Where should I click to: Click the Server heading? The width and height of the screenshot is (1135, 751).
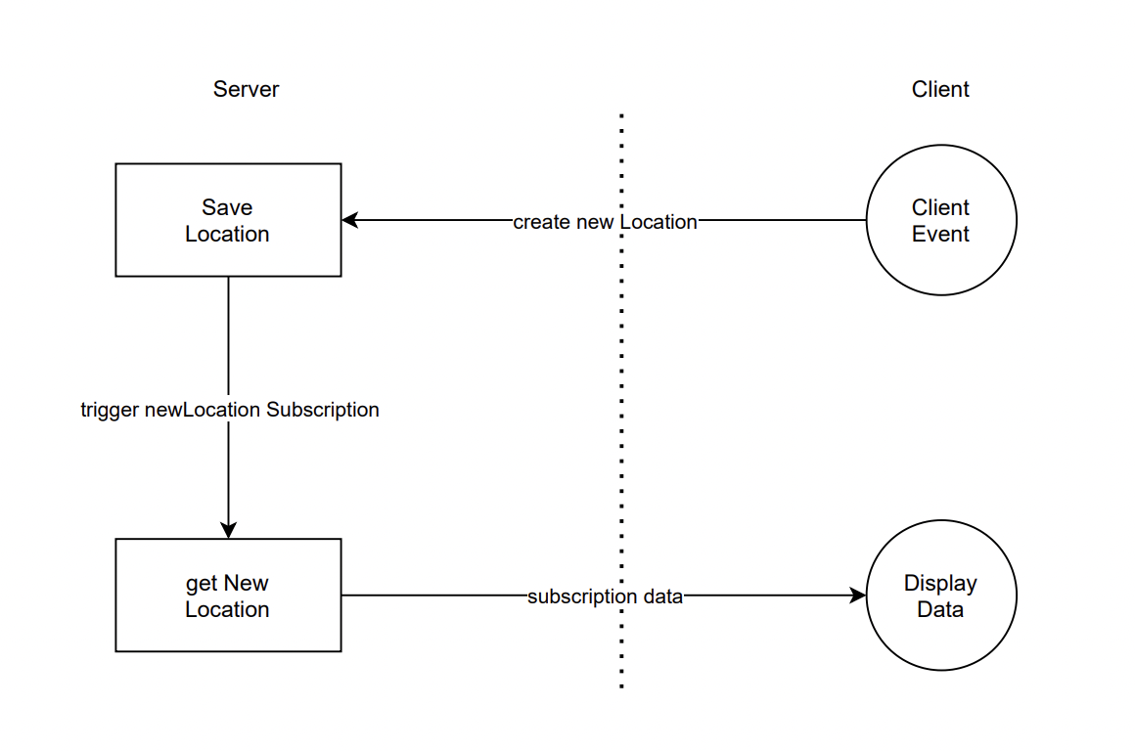click(x=246, y=89)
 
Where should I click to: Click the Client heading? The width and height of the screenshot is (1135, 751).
click(x=939, y=89)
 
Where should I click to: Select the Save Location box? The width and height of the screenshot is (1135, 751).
click(x=228, y=220)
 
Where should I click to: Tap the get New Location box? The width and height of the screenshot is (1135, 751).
click(x=228, y=596)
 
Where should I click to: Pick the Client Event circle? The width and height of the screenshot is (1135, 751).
click(x=941, y=220)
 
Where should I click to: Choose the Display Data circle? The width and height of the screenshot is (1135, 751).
click(x=941, y=596)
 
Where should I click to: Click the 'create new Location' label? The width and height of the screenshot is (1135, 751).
click(x=605, y=222)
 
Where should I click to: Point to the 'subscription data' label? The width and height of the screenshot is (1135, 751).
click(x=605, y=596)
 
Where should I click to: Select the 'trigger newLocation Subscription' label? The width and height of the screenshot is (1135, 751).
click(x=229, y=410)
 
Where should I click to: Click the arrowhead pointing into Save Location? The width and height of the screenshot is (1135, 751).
click(x=349, y=220)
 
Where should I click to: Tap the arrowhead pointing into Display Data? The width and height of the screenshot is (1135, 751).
click(x=858, y=596)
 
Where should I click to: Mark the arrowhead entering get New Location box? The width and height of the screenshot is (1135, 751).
click(x=228, y=530)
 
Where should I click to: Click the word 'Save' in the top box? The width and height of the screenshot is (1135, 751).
click(x=227, y=207)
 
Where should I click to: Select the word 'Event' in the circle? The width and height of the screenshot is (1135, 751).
click(x=940, y=235)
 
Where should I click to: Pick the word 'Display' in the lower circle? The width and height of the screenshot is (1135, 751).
click(x=940, y=584)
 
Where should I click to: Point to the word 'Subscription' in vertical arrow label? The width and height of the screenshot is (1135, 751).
click(x=323, y=410)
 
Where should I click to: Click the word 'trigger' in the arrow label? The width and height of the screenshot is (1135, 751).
click(x=110, y=410)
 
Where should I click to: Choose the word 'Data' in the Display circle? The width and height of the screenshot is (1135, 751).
click(x=940, y=610)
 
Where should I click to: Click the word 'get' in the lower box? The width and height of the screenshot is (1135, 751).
click(x=202, y=584)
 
